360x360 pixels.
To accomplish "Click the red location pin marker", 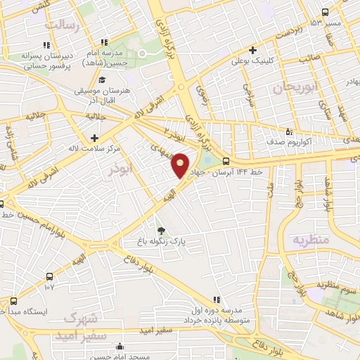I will (181, 164).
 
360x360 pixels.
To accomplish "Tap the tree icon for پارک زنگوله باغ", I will (161, 230).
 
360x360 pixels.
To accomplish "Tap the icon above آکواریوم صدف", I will (288, 131).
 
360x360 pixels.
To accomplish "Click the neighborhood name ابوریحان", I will (291, 89).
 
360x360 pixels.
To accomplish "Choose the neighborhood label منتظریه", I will (310, 240).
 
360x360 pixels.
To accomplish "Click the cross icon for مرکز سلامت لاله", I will (94, 137).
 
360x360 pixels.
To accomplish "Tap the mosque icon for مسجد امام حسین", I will (121, 347).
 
